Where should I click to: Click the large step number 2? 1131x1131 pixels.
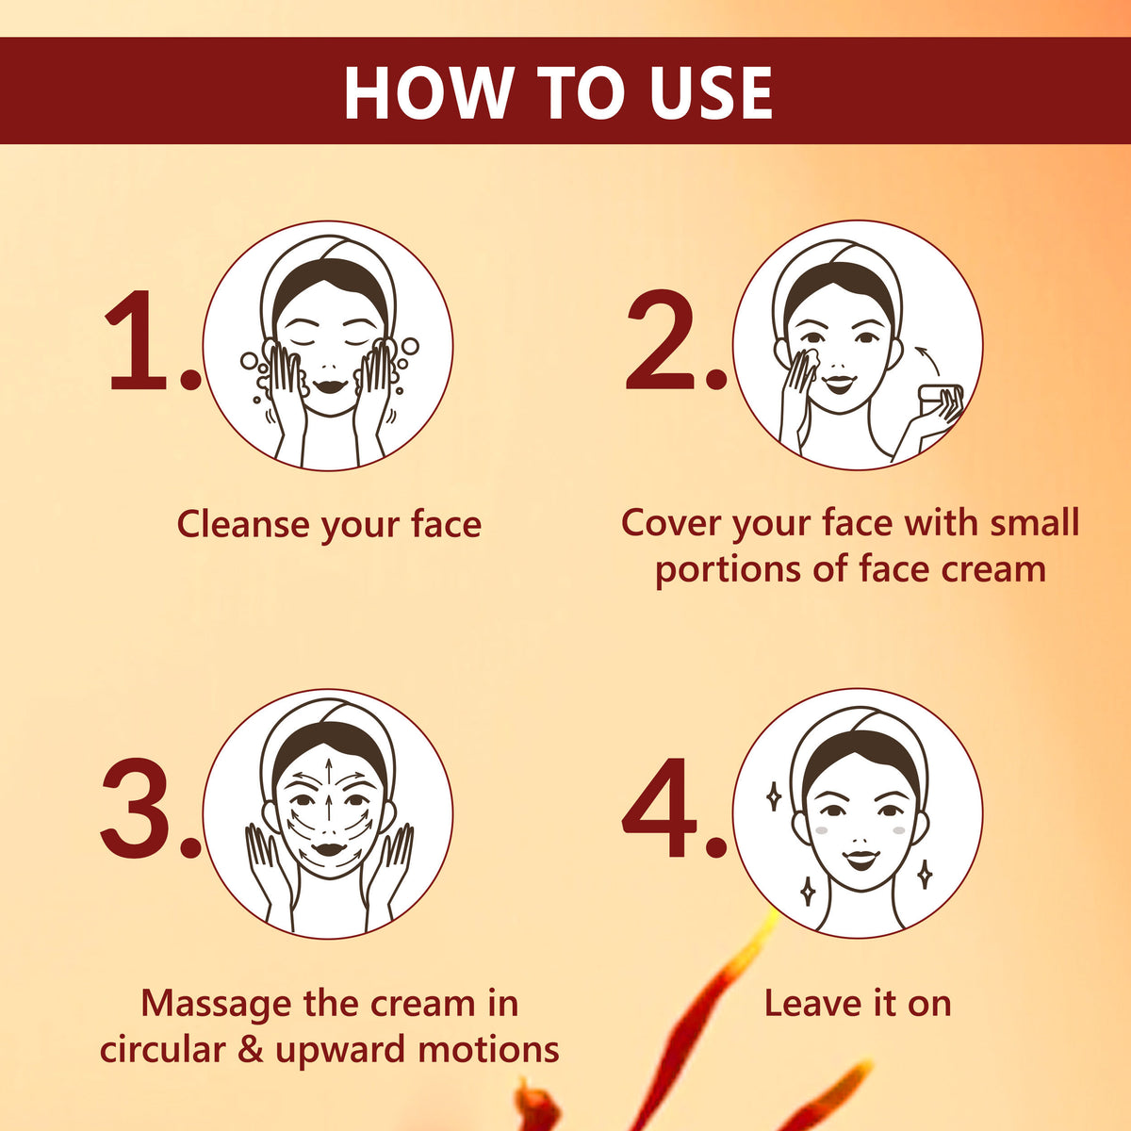click(x=661, y=339)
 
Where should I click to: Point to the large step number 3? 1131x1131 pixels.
click(x=136, y=808)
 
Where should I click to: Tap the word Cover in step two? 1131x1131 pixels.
click(x=671, y=522)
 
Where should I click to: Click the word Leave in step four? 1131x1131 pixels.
click(x=812, y=1003)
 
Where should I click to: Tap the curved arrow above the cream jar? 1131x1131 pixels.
click(x=928, y=357)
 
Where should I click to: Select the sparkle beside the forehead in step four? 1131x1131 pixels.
click(x=774, y=796)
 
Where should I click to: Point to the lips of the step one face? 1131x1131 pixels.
click(x=331, y=386)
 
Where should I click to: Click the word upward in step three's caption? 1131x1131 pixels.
click(x=340, y=1051)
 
